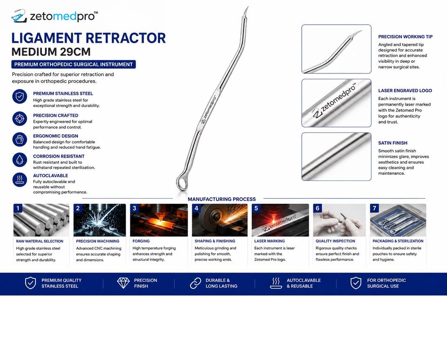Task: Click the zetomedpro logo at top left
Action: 54,16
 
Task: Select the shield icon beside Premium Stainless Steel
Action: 20,97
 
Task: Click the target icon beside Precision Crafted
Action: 20,119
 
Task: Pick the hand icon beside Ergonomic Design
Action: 20,139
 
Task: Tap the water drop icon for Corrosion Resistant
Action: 20,160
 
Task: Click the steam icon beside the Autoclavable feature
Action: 20,180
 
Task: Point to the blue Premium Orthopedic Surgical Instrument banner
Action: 74,64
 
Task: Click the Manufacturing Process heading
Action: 222,199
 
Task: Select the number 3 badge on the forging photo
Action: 135,208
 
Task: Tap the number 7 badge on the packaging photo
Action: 374,208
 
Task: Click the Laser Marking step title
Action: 270,241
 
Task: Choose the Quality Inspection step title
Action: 335,241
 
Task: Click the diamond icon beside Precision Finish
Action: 123,283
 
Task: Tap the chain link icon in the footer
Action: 196,283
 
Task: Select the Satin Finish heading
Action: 393,143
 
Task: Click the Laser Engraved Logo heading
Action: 405,91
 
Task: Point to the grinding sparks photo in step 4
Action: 220,220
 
